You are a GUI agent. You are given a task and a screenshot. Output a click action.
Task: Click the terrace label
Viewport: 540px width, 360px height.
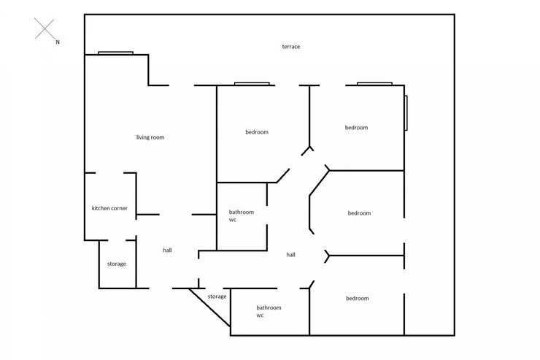coord(291,47)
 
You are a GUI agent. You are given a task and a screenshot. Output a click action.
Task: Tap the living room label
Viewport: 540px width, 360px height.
coord(150,137)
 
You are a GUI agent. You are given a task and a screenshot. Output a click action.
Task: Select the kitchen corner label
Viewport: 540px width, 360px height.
coord(109,208)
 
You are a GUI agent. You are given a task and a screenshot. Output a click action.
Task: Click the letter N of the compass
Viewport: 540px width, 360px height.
coord(58,42)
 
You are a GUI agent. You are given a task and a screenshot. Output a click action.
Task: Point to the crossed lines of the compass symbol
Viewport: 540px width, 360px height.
coord(45,28)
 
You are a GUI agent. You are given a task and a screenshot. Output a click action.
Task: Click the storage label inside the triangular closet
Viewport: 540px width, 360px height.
coord(217,296)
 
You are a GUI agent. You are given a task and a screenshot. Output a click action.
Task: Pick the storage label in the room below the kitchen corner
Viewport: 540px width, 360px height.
coord(117,264)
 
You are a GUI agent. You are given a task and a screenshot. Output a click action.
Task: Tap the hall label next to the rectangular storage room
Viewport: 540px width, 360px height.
coord(167,250)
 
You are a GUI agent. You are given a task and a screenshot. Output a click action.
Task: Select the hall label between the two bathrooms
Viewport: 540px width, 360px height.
coord(290,255)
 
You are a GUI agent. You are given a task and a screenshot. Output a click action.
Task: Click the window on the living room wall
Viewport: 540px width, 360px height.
coord(116,53)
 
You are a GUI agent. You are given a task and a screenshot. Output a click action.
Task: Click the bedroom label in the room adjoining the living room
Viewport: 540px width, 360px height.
coord(257,132)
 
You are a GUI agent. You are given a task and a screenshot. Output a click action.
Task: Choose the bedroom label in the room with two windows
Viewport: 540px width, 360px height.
coord(356,128)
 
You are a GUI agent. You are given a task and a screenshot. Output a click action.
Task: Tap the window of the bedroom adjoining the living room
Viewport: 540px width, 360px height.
coord(252,84)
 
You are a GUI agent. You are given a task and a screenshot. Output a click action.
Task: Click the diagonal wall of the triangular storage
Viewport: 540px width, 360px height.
coord(209,307)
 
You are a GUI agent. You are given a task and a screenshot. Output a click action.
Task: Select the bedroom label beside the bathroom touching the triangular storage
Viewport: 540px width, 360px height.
coord(358,299)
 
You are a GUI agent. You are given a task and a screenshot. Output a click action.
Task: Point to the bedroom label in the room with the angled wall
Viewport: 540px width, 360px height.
coord(359,213)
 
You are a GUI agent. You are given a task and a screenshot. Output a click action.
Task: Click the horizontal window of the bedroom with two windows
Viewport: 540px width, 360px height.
coord(374,84)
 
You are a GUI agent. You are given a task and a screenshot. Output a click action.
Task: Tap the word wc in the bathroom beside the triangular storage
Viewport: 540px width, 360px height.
coord(260,315)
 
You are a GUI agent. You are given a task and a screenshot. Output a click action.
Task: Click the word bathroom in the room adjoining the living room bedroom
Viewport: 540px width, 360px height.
coord(242,212)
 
